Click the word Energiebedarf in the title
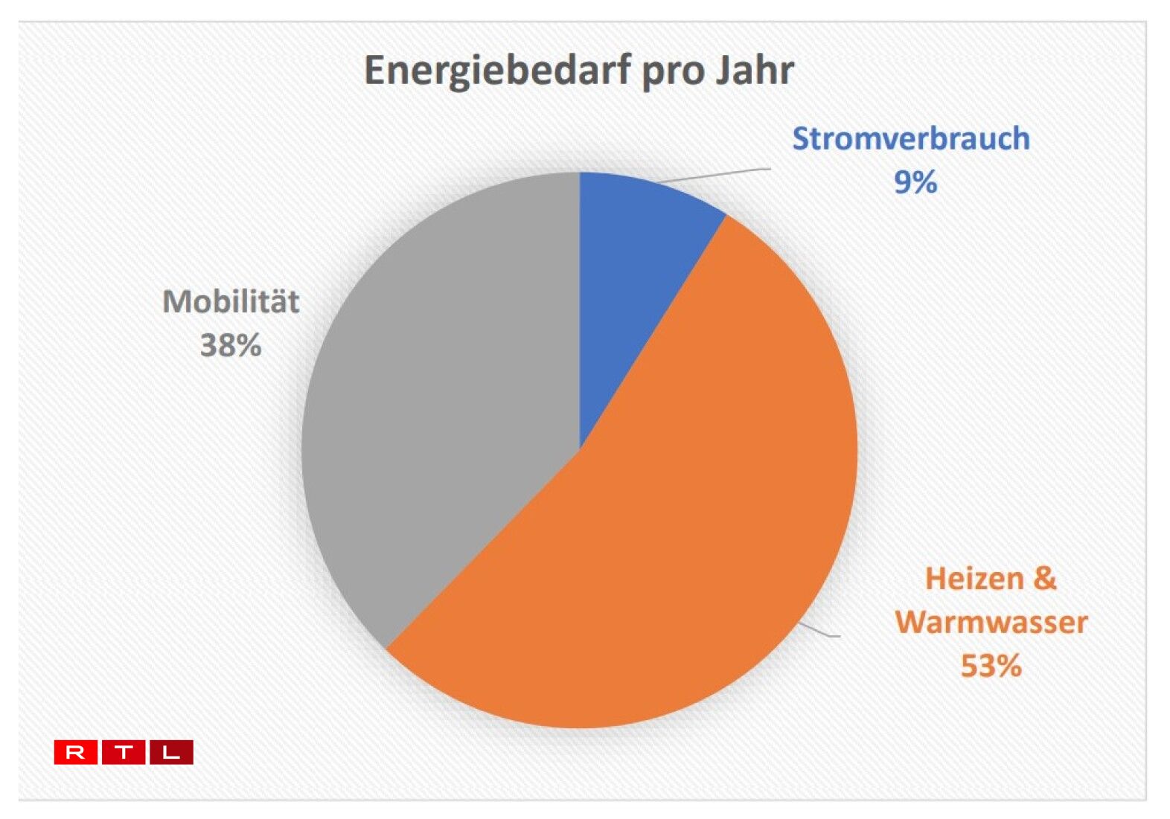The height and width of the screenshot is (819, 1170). tap(497, 71)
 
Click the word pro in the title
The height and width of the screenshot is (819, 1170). tap(673, 74)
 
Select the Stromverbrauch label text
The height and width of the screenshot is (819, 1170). tap(911, 139)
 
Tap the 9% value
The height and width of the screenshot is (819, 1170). tap(915, 182)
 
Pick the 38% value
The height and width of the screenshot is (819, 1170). tap(231, 345)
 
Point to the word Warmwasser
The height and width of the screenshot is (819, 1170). tap(991, 622)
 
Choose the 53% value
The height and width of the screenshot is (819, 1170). tap(991, 666)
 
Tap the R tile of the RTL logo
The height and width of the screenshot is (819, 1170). tap(75, 752)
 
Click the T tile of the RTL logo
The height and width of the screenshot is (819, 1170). tap(124, 752)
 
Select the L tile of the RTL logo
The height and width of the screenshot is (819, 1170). tap(171, 752)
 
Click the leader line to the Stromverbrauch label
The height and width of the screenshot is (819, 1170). tap(713, 176)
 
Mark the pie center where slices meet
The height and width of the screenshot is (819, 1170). tap(580, 450)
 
